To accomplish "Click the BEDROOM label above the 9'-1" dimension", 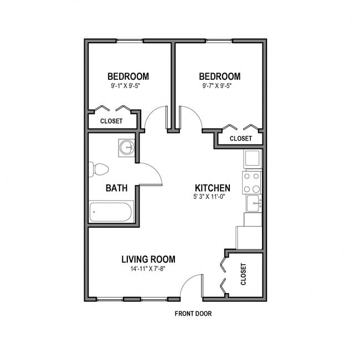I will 128,76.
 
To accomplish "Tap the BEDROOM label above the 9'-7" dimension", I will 219,76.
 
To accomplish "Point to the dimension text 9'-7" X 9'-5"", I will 219,86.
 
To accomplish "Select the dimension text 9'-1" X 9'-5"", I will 128,86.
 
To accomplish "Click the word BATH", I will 116,188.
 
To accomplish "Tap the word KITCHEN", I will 212,188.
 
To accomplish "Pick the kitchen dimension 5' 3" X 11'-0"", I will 212,197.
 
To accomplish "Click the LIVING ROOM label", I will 148,259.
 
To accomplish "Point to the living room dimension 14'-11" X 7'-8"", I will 148,269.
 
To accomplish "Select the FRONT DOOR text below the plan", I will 193,313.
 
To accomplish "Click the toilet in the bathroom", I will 98,169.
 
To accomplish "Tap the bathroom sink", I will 127,147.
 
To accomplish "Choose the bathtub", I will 111,212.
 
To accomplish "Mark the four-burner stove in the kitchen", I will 251,182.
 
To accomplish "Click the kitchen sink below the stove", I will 253,203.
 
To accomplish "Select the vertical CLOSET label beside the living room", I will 244,274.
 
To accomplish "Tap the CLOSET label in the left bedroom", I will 111,121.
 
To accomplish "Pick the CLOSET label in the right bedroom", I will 240,138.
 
